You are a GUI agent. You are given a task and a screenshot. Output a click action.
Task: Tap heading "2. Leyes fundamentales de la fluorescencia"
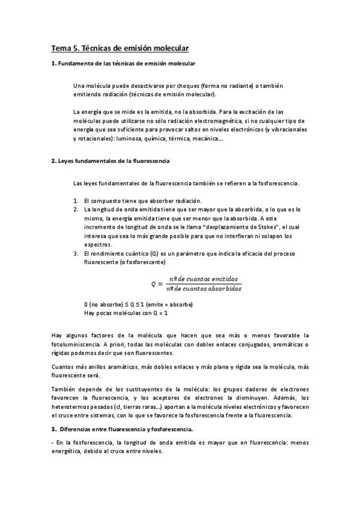[x=110, y=161]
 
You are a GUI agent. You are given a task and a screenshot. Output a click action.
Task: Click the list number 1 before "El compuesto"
[x=76, y=200]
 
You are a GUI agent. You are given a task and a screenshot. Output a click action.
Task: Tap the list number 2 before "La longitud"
[x=76, y=209]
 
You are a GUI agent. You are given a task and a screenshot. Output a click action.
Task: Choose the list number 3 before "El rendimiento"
[x=76, y=254]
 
